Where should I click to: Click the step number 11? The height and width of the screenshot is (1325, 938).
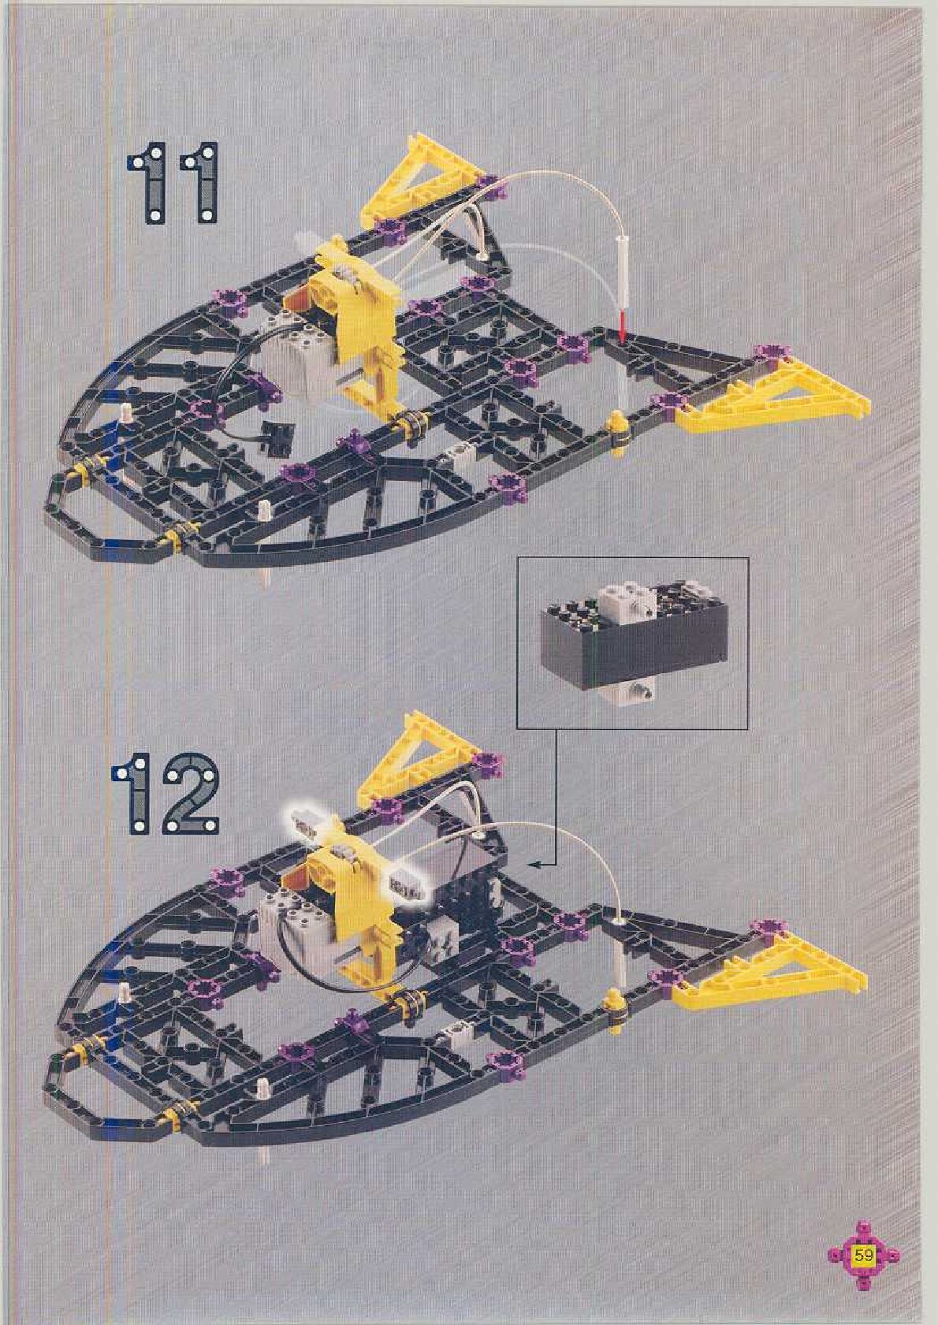(x=173, y=182)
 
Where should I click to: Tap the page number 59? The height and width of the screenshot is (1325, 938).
(x=864, y=1255)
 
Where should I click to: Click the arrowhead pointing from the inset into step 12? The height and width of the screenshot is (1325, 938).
(x=534, y=865)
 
